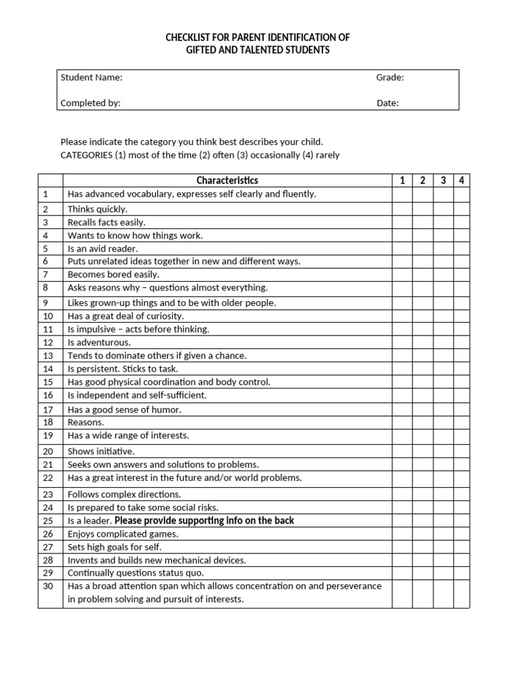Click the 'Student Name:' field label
pyautogui.click(x=91, y=77)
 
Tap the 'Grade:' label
pyautogui.click(x=390, y=77)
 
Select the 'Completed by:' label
pyautogui.click(x=91, y=103)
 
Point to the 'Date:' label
pyautogui.click(x=387, y=103)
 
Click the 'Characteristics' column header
pyautogui.click(x=227, y=180)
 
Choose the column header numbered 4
pyautogui.click(x=462, y=180)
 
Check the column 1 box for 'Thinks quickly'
pyautogui.click(x=402, y=209)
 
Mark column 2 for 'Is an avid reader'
pyautogui.click(x=423, y=248)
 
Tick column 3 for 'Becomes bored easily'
pyautogui.click(x=443, y=274)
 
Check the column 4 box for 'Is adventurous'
pyautogui.click(x=462, y=342)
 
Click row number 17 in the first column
pyautogui.click(x=48, y=409)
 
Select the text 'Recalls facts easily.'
pyautogui.click(x=106, y=222)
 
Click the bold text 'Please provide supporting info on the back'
pyautogui.click(x=204, y=521)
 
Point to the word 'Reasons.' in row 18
pyautogui.click(x=86, y=422)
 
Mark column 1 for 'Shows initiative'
pyautogui.click(x=402, y=452)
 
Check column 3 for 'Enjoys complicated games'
pyautogui.click(x=443, y=534)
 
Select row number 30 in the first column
pyautogui.click(x=48, y=586)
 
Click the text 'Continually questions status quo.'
pyautogui.click(x=135, y=573)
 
